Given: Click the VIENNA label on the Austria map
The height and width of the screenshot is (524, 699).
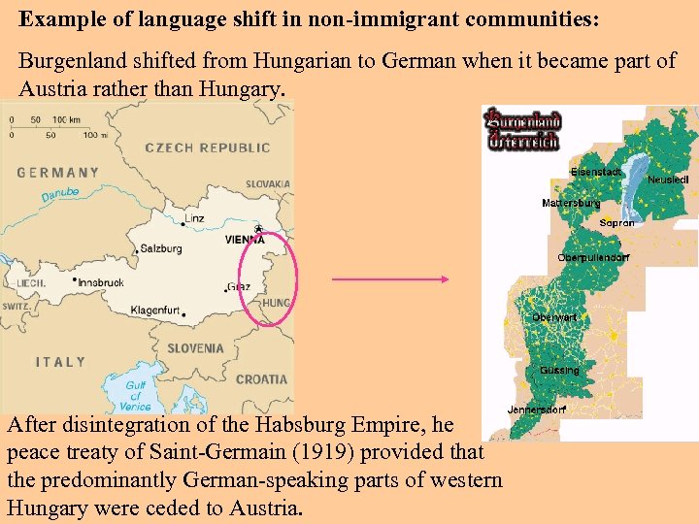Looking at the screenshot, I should [x=245, y=239].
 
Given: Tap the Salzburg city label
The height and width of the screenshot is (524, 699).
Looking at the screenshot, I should [x=161, y=248].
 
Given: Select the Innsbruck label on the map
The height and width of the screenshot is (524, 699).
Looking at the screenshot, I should [x=100, y=282].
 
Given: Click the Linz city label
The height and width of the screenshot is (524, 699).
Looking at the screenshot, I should [x=194, y=217].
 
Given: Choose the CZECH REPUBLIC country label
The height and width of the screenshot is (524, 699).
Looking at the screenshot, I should [x=207, y=147].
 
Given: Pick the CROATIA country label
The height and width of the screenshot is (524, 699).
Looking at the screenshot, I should [x=261, y=379].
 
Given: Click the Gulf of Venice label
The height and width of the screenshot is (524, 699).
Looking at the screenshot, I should [x=137, y=395].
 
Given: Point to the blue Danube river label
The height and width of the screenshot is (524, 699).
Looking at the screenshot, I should [x=59, y=195].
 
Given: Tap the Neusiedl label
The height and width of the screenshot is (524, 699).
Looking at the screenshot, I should [x=668, y=180].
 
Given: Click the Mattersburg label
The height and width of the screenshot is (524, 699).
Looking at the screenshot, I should [x=571, y=203].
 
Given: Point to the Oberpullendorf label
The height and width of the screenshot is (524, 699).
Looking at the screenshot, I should [x=593, y=257].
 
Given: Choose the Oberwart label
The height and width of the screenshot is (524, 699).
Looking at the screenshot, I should [x=554, y=317].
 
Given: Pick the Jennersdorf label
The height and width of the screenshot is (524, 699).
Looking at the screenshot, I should [x=536, y=409].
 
